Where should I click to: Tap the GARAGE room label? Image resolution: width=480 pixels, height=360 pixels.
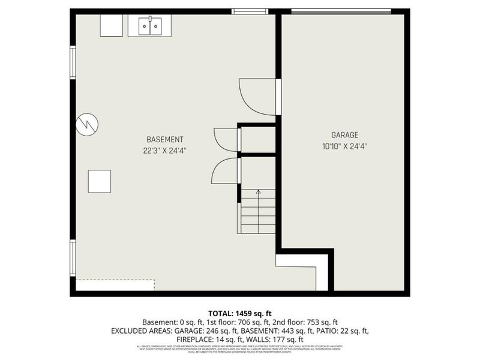(x=344, y=135)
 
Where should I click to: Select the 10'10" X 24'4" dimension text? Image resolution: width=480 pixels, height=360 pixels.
(x=344, y=146)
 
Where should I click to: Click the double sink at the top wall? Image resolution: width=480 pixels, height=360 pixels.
(x=150, y=26)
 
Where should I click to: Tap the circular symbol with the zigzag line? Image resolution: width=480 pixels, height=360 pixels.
(x=87, y=124)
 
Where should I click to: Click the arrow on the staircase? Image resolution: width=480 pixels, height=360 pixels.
(x=259, y=193)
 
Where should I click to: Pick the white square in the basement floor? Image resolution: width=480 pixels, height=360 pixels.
(x=99, y=181)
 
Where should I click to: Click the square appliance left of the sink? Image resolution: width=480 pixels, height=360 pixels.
(x=112, y=26)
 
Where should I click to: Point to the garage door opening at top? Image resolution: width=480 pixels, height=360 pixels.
(x=340, y=11)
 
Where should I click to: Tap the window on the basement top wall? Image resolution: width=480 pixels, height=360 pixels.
(x=250, y=11)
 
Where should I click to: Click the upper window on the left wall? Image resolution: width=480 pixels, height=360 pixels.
(x=73, y=63)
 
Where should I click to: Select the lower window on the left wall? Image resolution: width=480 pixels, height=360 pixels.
(x=73, y=257)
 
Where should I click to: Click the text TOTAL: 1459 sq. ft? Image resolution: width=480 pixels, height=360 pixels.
(x=239, y=313)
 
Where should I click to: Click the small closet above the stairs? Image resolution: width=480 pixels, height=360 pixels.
(x=258, y=140)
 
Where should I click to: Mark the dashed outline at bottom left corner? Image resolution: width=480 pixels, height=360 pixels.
(x=115, y=285)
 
